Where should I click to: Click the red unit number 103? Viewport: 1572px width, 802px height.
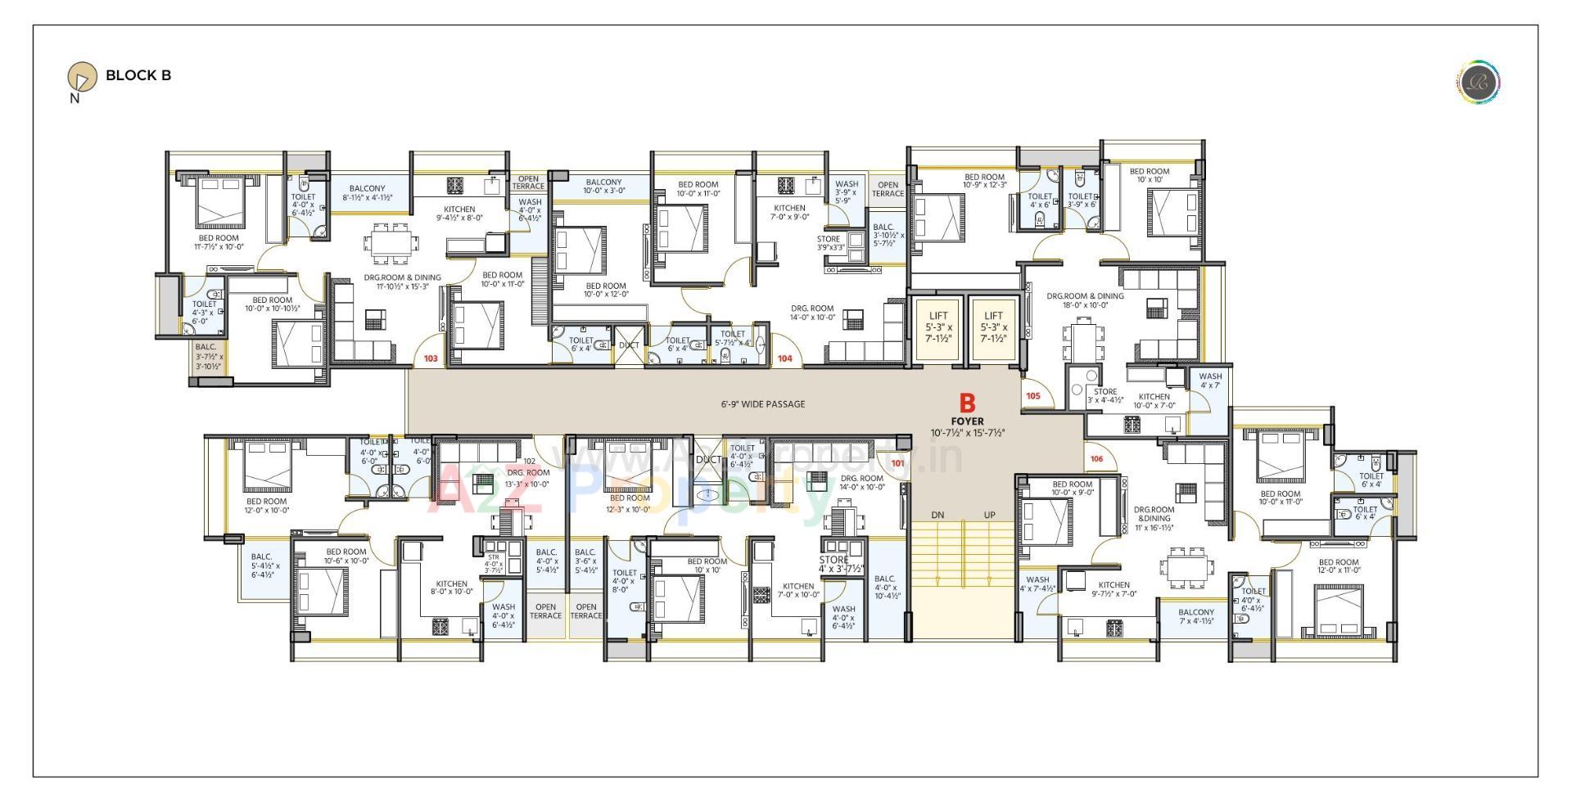point(430,358)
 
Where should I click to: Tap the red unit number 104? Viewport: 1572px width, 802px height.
point(784,358)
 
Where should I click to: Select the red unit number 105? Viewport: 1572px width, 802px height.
point(1032,396)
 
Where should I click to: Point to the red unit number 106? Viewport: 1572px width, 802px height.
point(1096,458)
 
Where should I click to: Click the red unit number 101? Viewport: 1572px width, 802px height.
point(898,463)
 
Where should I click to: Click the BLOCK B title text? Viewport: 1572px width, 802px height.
point(138,75)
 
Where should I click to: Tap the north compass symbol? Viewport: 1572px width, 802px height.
point(81,77)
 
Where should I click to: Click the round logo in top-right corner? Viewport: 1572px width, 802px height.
point(1478,83)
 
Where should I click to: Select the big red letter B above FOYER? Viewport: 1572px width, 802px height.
point(967,403)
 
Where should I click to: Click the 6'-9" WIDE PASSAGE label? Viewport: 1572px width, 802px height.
point(762,404)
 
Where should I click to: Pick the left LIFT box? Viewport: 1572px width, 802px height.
point(937,327)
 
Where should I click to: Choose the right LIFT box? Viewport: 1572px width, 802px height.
point(993,327)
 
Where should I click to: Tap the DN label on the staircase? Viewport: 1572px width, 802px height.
point(937,515)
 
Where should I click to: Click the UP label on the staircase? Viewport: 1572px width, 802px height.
point(989,515)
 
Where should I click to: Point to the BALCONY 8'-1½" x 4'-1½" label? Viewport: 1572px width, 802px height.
point(367,193)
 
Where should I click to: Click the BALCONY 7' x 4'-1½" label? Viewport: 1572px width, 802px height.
point(1196,616)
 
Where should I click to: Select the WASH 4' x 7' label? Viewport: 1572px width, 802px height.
point(1209,381)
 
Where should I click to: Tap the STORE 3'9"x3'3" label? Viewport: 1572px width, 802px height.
point(829,243)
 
